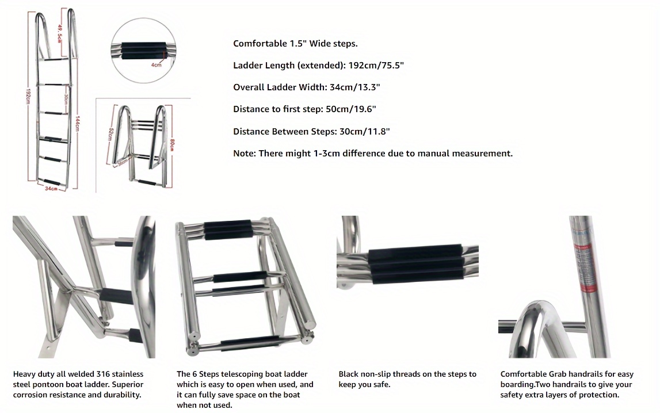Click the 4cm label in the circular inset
pos(156,66)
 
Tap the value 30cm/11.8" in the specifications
pos(364,132)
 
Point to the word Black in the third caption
pos(349,374)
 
